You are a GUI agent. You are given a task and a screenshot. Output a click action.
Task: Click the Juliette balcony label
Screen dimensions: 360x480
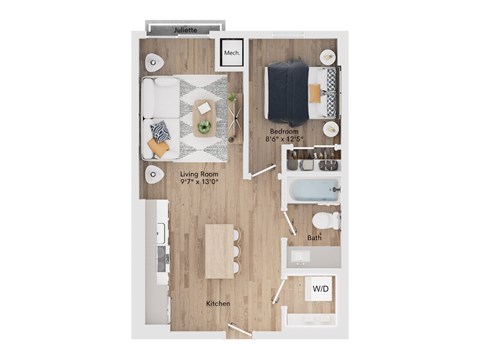tap(185, 31)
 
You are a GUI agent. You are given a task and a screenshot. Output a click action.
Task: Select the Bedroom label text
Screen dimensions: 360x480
tap(285, 130)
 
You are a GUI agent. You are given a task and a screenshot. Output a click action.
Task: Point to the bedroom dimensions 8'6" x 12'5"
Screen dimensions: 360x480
tap(285, 140)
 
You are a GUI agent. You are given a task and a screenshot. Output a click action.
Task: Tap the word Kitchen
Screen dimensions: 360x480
tap(220, 302)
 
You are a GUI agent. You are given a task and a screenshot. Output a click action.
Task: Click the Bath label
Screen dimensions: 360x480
tap(314, 238)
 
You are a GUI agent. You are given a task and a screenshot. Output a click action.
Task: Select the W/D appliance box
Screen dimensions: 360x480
tap(320, 289)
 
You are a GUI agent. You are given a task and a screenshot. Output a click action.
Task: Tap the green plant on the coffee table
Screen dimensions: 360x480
tap(205, 127)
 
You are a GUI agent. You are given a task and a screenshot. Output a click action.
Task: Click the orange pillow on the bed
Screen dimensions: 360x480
tap(316, 91)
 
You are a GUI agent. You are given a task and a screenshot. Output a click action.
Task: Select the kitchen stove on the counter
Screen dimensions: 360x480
tap(160, 255)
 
